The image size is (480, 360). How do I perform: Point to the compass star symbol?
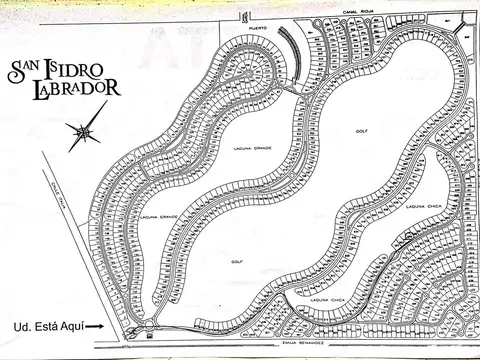pyautogui.click(x=83, y=130)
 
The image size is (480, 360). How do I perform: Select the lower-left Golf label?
pyautogui.click(x=237, y=263)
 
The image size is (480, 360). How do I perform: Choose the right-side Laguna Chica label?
pyautogui.click(x=424, y=206)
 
